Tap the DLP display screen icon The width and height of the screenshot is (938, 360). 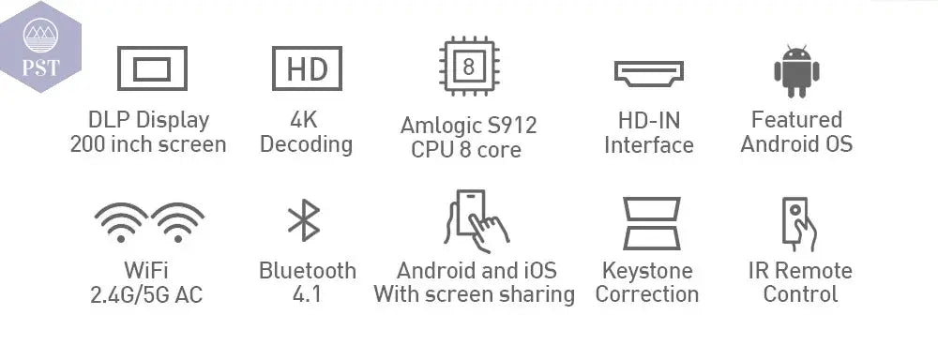(x=151, y=68)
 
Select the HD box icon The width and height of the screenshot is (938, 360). (x=306, y=68)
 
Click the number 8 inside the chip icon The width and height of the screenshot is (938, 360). (x=468, y=67)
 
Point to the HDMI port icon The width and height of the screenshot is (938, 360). (x=648, y=72)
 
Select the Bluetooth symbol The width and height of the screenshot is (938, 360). (x=303, y=220)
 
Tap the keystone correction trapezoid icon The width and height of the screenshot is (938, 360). (x=651, y=222)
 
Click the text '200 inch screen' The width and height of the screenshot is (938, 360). (x=148, y=145)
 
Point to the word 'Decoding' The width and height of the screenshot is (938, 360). (x=306, y=145)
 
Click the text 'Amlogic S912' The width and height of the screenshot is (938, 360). (x=468, y=126)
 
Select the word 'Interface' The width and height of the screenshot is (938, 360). (x=648, y=145)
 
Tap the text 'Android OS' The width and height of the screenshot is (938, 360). (x=796, y=145)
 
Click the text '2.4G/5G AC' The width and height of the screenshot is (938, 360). (x=146, y=295)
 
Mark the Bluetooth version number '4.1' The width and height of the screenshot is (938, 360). (x=307, y=295)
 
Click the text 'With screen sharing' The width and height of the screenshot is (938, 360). (x=474, y=295)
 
